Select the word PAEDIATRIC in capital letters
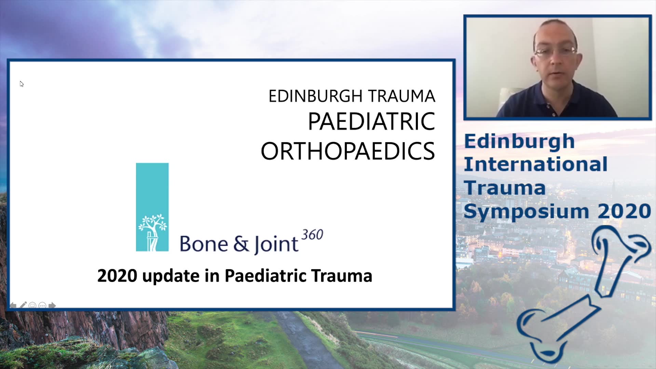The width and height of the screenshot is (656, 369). coord(371,121)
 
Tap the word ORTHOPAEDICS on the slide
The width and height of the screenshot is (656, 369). coord(348,151)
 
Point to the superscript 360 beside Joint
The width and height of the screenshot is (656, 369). coord(312,235)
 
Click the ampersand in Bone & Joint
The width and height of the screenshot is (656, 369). coord(241,244)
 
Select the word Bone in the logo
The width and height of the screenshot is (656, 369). coord(204,244)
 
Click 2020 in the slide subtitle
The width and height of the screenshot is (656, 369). coord(117,276)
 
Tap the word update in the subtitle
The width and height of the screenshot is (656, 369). coord(171,276)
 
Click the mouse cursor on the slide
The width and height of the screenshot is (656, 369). coord(22,84)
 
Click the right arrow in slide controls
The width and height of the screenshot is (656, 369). coord(52,305)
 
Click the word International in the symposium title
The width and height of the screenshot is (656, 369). coord(535,164)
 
